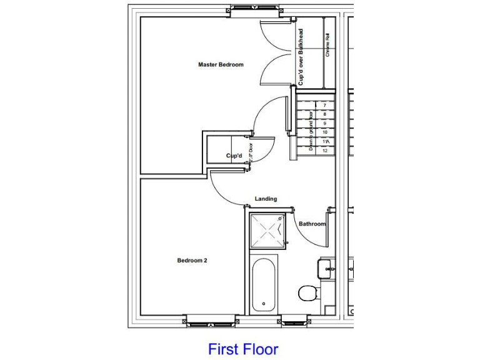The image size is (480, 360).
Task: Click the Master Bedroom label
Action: click(221, 64)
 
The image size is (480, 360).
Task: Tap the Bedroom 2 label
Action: click(192, 261)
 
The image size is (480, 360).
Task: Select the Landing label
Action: click(266, 199)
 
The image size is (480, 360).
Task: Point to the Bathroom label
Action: click(312, 224)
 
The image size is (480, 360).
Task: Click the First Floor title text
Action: click(243, 348)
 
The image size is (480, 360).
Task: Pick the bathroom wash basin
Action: click(326, 269)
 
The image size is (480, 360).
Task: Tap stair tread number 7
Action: click(325, 106)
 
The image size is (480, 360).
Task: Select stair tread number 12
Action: click(325, 150)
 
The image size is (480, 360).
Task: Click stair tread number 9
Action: click(325, 124)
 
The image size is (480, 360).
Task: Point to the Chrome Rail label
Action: click(327, 49)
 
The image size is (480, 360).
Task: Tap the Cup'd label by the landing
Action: click(234, 156)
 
